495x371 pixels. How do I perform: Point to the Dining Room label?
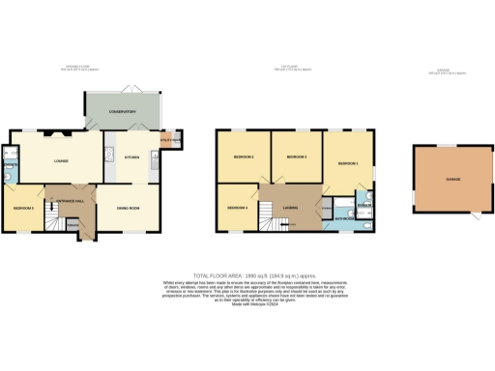point(129,208)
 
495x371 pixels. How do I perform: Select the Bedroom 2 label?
point(243,157)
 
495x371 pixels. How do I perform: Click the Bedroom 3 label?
point(296,157)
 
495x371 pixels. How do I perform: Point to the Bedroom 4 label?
point(237,208)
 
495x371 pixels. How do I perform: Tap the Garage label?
point(452,180)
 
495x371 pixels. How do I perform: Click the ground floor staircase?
point(72,225)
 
